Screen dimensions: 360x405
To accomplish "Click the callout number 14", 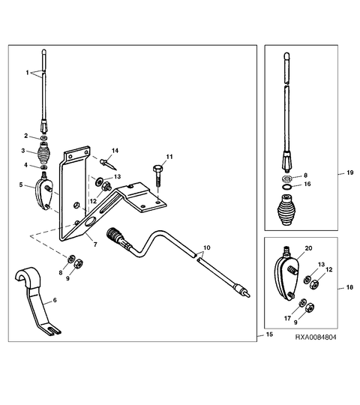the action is (x=115, y=151).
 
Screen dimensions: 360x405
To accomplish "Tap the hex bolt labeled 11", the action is (x=157, y=176).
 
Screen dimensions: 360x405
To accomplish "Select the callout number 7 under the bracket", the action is (x=95, y=244).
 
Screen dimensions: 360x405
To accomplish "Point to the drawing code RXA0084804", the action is (x=316, y=337).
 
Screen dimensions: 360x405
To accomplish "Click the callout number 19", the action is (x=350, y=172).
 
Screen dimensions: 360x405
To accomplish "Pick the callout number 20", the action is (x=308, y=248).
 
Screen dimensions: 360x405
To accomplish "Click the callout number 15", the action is (x=269, y=334).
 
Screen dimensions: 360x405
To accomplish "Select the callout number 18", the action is (x=349, y=287).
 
